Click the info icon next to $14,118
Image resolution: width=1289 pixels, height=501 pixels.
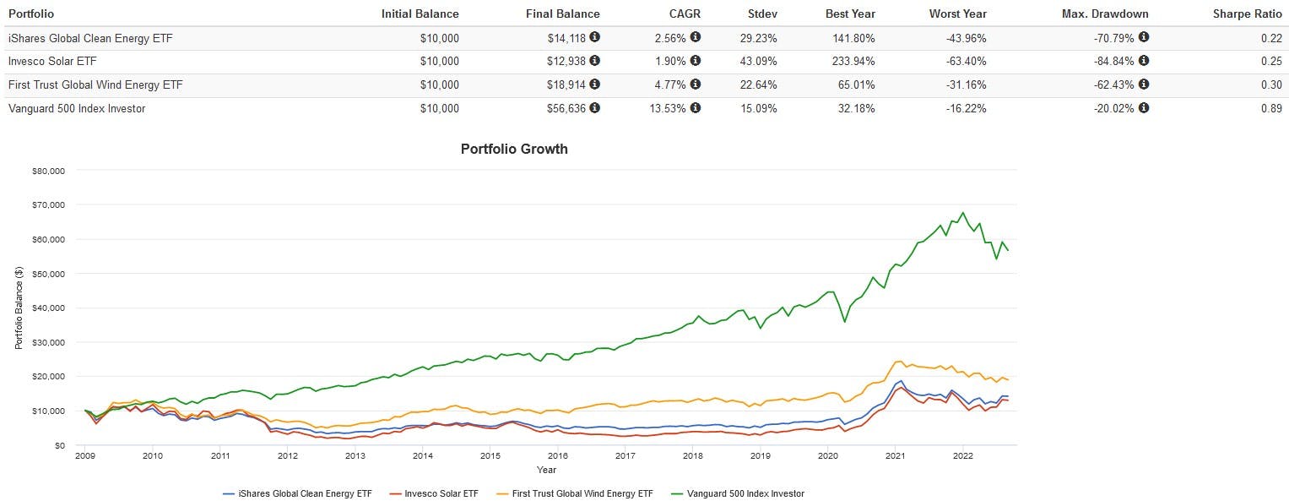click(x=595, y=37)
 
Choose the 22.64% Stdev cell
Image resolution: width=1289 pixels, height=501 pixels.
click(x=761, y=84)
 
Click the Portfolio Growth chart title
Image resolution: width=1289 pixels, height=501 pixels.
click(x=514, y=149)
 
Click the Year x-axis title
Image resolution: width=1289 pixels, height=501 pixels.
click(x=546, y=470)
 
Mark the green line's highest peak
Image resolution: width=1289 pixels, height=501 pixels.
click(x=963, y=213)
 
